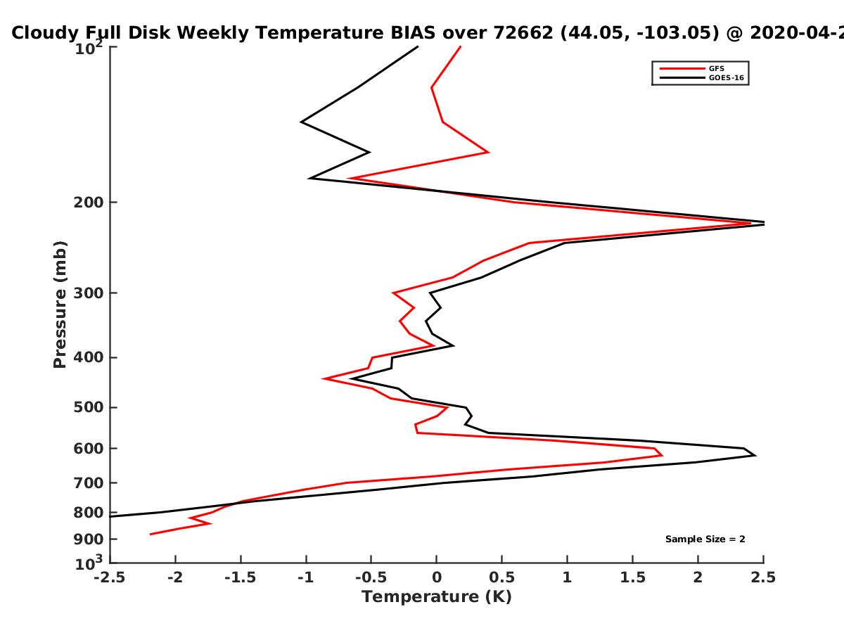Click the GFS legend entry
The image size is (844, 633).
coord(692,68)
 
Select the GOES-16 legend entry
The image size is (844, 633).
coord(702,77)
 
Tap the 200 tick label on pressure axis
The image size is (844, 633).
coord(89,202)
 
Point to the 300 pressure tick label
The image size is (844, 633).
coord(89,293)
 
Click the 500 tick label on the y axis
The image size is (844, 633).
coord(89,407)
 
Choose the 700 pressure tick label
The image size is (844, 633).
coord(89,482)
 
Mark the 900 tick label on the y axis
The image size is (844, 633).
coord(89,539)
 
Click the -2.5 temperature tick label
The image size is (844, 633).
coord(110,577)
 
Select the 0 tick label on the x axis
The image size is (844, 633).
coord(437,577)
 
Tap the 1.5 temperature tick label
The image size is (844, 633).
coord(632,577)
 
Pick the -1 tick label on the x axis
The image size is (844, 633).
coord(306,577)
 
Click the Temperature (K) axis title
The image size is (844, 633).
coord(437,597)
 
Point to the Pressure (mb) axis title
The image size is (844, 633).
coord(60,305)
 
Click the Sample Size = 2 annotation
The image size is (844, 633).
coord(705,539)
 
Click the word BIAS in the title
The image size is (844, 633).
coord(413,33)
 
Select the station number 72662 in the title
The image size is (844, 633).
coord(523,33)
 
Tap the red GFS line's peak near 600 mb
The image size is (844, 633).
coord(662,456)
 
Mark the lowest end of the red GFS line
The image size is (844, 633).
coord(150,535)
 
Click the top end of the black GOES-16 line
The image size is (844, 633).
coord(418,46)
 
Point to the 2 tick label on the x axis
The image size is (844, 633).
coord(698,577)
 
